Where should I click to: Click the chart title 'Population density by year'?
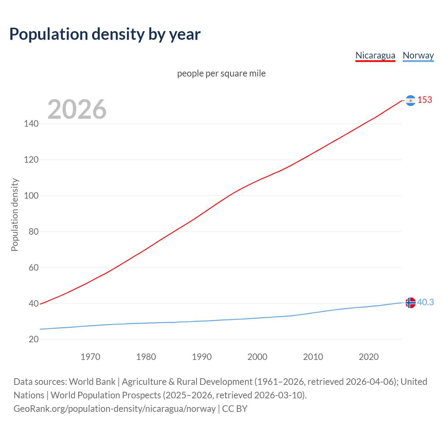105,34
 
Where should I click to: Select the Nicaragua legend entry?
375,55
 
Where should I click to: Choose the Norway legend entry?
418,55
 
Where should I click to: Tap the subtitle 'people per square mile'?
221,73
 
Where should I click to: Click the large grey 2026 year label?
77,109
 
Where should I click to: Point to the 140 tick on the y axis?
31,124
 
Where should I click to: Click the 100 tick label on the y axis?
31,196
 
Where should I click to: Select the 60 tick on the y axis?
34,268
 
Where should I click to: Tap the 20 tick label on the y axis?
34,339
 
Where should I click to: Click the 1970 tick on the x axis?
90,357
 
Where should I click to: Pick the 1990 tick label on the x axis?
202,357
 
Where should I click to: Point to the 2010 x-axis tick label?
313,357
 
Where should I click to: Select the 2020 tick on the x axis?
369,357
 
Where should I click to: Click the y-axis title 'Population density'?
15,215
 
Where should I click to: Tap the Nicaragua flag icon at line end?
410,100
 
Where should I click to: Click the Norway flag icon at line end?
410,302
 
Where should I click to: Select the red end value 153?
425,100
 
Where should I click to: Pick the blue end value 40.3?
425,302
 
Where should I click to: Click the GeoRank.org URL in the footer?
115,409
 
